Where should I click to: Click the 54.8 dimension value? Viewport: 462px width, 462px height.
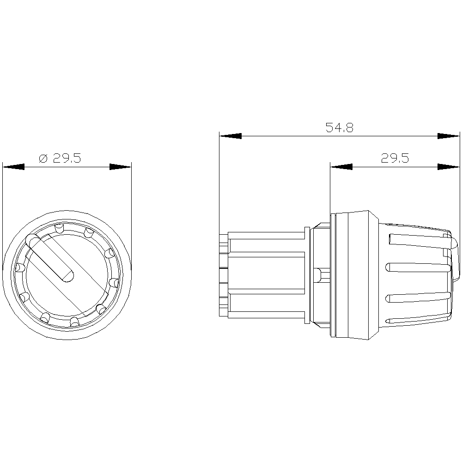tap(339, 128)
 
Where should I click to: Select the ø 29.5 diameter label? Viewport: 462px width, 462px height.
tap(60, 158)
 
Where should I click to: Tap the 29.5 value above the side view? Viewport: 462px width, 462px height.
tap(395, 158)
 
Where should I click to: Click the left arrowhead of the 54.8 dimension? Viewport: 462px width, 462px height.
tap(231, 136)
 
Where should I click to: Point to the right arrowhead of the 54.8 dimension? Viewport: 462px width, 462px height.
tap(449, 136)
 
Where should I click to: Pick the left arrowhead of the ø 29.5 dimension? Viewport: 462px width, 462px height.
tap(13, 167)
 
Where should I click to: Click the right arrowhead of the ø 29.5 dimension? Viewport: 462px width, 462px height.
tap(121, 167)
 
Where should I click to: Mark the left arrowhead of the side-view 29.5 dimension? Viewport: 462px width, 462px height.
tap(341, 167)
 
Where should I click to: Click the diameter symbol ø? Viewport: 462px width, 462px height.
tap(43, 159)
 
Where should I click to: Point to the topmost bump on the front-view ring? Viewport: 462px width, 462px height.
tap(59, 228)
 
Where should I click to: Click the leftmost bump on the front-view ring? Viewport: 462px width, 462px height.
tap(20, 267)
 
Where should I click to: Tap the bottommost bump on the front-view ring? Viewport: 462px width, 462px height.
tap(73, 321)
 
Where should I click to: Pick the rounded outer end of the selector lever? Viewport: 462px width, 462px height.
tap(31, 240)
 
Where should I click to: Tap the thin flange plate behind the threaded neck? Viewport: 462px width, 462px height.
tap(306, 275)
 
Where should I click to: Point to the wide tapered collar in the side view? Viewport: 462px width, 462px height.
tap(353, 275)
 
